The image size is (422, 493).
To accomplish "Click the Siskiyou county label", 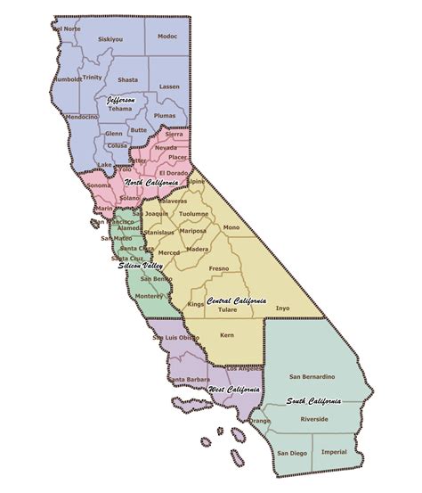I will (110, 39).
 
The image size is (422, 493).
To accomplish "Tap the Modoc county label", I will (167, 37).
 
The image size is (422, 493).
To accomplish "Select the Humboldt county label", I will (69, 78).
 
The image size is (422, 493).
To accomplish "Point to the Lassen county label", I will (169, 86).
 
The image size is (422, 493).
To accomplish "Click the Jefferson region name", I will (121, 101).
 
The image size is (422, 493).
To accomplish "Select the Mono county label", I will (231, 228).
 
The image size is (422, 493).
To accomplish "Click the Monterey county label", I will (150, 297).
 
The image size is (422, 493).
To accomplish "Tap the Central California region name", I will (236, 301).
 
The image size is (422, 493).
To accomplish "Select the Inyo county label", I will (283, 308).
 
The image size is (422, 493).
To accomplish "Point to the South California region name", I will (313, 401).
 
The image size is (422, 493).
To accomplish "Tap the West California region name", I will (233, 390).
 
